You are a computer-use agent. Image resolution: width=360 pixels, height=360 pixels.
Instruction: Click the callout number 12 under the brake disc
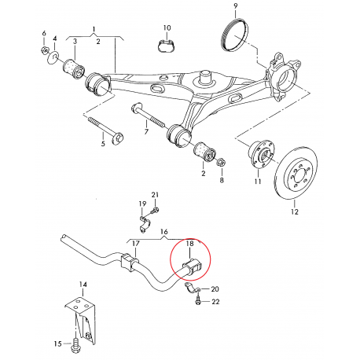pyautogui.click(x=296, y=211)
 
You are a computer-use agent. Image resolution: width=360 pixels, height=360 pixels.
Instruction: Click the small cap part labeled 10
pyautogui.click(x=165, y=44)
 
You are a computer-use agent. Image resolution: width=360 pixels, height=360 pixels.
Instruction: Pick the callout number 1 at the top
pyautogui.click(x=95, y=29)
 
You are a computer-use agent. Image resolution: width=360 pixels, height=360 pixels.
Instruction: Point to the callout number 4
pyautogui.click(x=55, y=39)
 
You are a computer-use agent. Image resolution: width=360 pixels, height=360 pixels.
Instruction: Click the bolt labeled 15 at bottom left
pyautogui.click(x=75, y=342)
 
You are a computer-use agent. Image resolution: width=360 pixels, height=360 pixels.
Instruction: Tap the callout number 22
pyautogui.click(x=215, y=302)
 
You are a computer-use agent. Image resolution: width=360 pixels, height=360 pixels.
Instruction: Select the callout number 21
pyautogui.click(x=155, y=195)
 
